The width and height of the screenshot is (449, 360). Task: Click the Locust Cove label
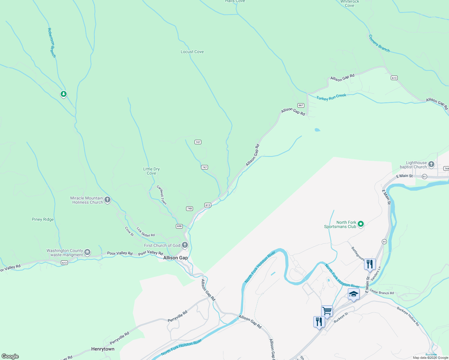click(192, 52)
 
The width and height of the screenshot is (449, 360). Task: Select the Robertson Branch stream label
click(52, 43)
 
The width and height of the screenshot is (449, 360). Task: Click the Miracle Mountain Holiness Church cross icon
click(107, 199)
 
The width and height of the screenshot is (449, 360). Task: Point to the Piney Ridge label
click(43, 220)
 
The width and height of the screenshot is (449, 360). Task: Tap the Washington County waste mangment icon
click(87, 252)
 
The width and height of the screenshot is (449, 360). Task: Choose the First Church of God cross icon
click(185, 245)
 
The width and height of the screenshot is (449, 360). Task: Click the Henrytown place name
click(103, 349)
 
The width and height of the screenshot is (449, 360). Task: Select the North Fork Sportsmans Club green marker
click(361, 224)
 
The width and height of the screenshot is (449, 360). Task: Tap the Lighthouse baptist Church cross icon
click(431, 164)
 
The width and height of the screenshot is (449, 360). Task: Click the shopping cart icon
click(327, 310)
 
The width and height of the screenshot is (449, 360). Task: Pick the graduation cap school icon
click(354, 294)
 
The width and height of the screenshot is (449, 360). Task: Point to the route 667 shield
click(301, 105)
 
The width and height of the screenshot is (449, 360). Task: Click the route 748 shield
click(189, 208)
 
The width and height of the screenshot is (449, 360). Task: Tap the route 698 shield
click(179, 226)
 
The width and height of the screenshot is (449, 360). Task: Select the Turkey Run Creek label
click(331, 97)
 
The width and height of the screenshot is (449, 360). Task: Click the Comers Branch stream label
click(379, 43)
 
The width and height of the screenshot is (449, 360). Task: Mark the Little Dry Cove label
click(151, 171)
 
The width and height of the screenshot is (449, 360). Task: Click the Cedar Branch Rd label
click(381, 292)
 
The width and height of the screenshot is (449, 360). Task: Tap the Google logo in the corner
click(10, 356)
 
